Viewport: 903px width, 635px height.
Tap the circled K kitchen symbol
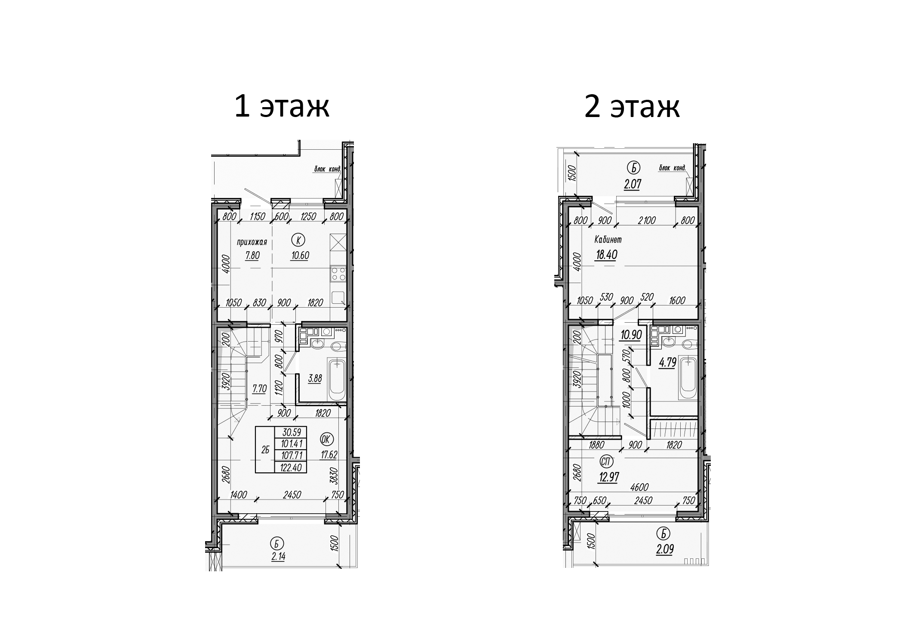point(296,239)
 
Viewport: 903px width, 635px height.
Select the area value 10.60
point(300,256)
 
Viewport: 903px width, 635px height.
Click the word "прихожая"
point(252,242)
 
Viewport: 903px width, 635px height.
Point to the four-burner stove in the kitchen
point(338,274)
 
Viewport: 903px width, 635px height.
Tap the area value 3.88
point(315,379)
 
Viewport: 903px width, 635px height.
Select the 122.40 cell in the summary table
point(291,468)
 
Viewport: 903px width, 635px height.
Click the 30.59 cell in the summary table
point(291,432)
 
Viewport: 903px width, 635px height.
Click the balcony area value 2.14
point(278,556)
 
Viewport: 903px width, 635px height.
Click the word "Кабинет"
point(608,240)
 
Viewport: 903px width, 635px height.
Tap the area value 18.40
point(606,255)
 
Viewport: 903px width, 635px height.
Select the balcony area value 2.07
point(633,185)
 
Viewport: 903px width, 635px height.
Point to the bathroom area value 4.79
point(668,363)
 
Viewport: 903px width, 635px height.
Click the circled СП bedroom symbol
point(607,462)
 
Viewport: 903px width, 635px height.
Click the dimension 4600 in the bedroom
point(640,487)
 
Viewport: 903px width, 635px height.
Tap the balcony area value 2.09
point(665,549)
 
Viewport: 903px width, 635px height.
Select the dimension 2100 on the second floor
point(647,221)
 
